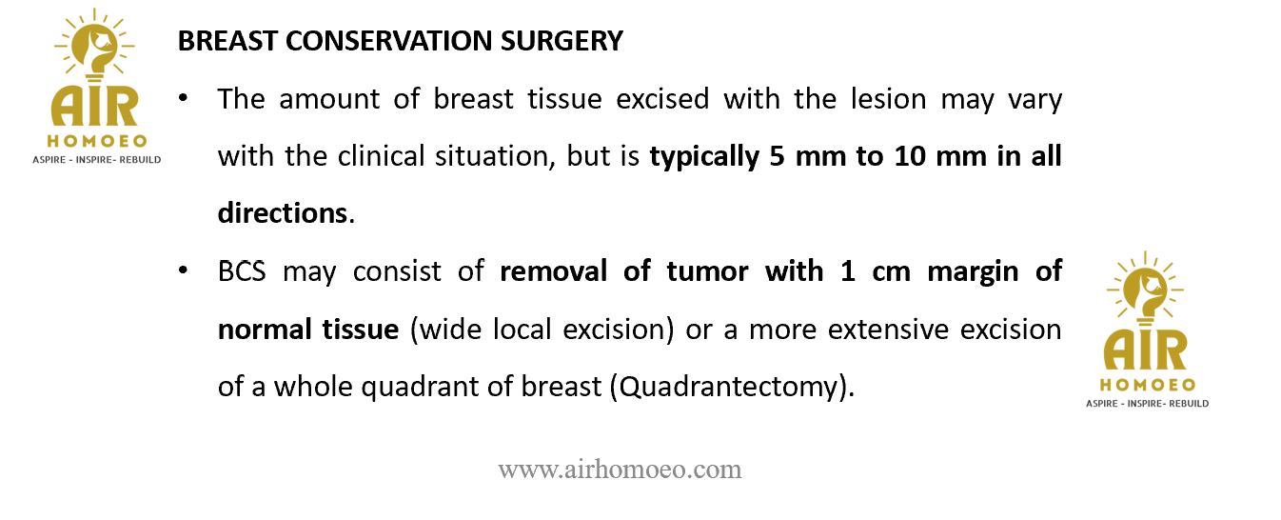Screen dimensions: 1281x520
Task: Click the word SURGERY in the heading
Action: pos(562,41)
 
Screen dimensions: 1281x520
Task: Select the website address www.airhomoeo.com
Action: pos(620,470)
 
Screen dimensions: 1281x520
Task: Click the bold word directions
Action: pos(283,212)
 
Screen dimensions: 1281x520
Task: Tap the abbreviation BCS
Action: pos(242,271)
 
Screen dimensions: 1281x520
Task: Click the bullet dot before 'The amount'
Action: pos(183,98)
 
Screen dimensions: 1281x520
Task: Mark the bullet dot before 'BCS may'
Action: pos(183,270)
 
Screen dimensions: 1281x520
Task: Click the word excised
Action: pos(662,99)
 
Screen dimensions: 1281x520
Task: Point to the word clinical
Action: pos(381,156)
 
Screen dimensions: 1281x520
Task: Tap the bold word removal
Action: pos(553,271)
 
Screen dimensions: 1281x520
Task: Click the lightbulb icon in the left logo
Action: pos(95,46)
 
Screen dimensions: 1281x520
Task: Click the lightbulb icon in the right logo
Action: pos(1146,290)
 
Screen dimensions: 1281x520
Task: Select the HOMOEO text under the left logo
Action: pos(97,141)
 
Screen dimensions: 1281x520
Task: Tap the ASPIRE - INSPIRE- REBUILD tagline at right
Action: pos(1147,403)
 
